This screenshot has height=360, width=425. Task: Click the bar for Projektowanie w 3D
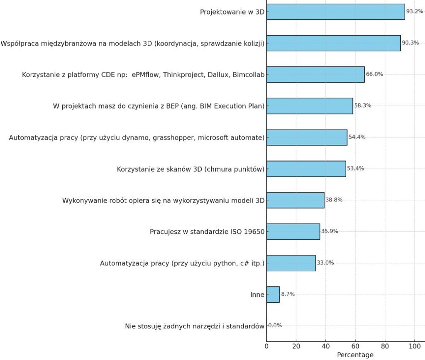[x=335, y=12]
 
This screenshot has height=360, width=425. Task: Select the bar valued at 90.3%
[x=333, y=43]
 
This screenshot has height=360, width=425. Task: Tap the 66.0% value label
[x=374, y=74]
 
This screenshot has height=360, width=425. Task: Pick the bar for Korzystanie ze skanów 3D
[x=306, y=169]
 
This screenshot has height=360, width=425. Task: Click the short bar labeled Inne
[x=273, y=294]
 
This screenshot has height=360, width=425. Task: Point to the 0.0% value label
[x=275, y=326]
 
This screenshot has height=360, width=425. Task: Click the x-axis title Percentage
[x=355, y=355]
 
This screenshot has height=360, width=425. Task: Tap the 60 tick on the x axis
[x=355, y=345]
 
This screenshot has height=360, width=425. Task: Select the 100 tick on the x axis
[x=414, y=345]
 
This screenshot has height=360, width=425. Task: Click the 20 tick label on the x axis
[x=296, y=345]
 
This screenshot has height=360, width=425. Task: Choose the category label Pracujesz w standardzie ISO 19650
[x=207, y=232]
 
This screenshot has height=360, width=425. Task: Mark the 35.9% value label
[x=329, y=231]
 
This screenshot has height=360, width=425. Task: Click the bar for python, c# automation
[x=291, y=263]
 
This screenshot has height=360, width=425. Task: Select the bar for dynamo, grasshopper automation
[x=307, y=137]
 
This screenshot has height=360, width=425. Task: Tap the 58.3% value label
[x=362, y=105]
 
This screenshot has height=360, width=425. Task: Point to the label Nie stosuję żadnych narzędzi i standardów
[x=195, y=326]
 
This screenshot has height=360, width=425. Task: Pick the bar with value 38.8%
[x=295, y=200]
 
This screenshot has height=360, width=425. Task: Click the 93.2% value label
[x=415, y=11]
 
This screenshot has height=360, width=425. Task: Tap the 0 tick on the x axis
[x=266, y=345]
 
